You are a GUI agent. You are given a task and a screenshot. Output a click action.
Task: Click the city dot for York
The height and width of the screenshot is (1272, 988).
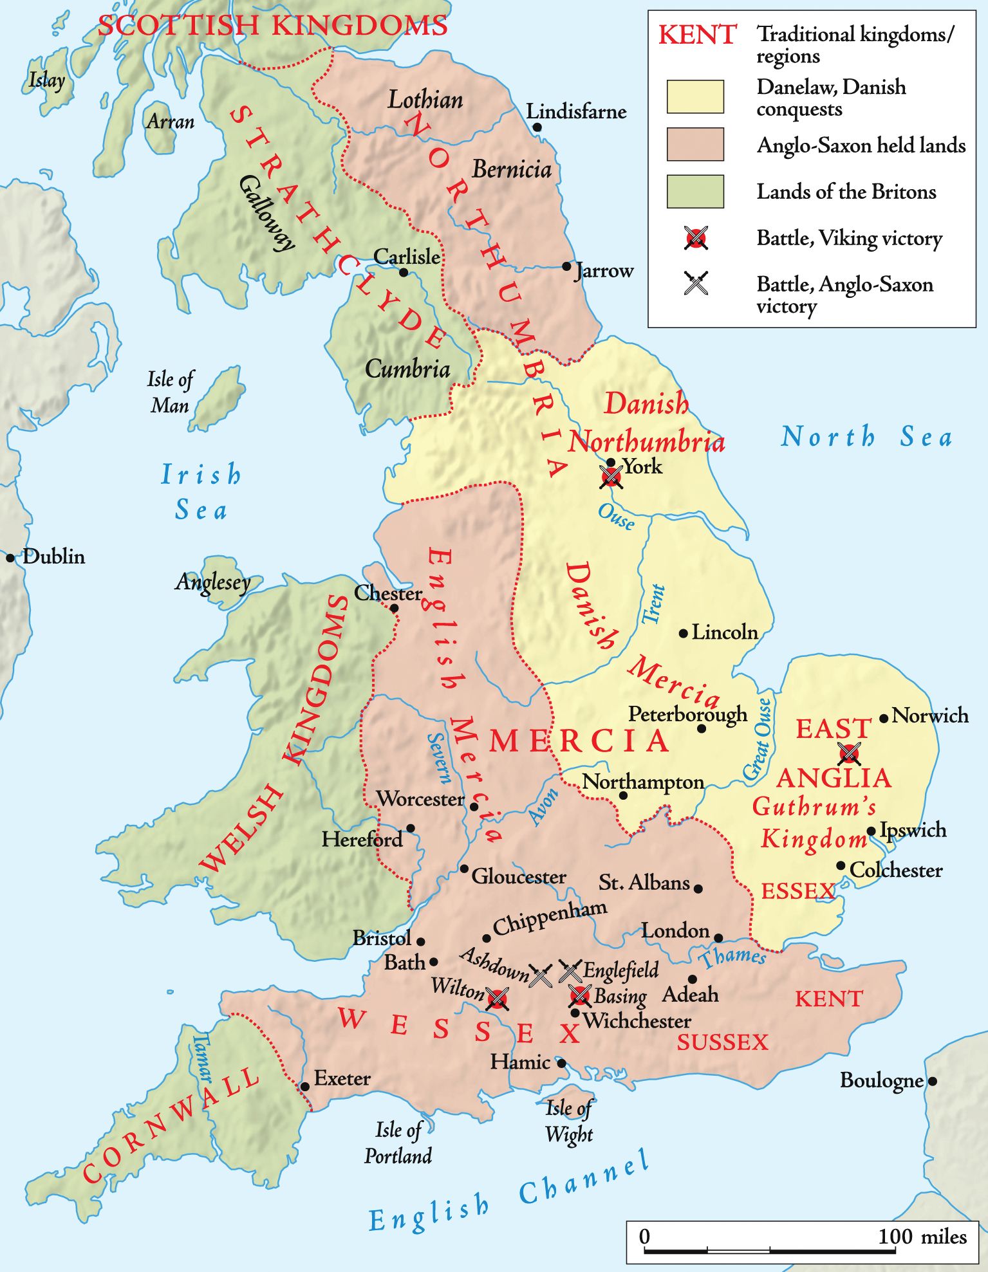(x=611, y=463)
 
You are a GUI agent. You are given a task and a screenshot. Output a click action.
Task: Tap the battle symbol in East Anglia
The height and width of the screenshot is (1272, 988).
(x=849, y=753)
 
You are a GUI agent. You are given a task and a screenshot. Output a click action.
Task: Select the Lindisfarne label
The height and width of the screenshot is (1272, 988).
(x=576, y=111)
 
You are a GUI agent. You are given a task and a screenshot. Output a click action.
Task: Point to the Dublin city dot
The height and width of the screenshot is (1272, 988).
(x=10, y=558)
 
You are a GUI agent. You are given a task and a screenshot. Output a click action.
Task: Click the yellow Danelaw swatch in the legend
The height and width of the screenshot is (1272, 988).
(x=695, y=97)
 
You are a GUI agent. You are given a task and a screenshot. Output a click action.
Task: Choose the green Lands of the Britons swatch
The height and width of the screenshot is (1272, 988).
(x=695, y=192)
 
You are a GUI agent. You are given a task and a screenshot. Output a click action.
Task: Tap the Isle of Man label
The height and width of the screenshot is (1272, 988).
(x=170, y=392)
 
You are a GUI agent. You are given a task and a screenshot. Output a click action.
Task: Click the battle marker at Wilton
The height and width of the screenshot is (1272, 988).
(x=497, y=999)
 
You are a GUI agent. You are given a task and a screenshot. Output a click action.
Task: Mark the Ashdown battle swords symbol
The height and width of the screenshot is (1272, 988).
(x=541, y=975)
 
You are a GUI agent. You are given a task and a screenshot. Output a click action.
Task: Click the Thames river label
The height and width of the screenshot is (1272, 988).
(x=733, y=957)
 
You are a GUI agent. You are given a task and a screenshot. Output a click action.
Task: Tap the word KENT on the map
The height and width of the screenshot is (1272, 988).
(x=828, y=999)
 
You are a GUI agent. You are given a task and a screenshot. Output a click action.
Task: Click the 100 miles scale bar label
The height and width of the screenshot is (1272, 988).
(x=922, y=1236)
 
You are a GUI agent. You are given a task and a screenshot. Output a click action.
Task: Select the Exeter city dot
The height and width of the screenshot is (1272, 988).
(x=305, y=1087)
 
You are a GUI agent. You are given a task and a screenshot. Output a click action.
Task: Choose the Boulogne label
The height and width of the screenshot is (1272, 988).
(x=881, y=1080)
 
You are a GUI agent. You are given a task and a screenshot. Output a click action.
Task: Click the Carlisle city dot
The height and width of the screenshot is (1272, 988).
(x=404, y=272)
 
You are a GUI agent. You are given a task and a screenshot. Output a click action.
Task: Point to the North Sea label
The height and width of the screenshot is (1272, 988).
(x=866, y=437)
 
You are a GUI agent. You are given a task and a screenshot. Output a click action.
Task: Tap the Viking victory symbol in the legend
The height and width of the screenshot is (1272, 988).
(x=696, y=238)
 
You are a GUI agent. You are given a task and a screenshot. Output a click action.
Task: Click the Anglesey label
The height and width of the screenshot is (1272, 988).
(x=213, y=582)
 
